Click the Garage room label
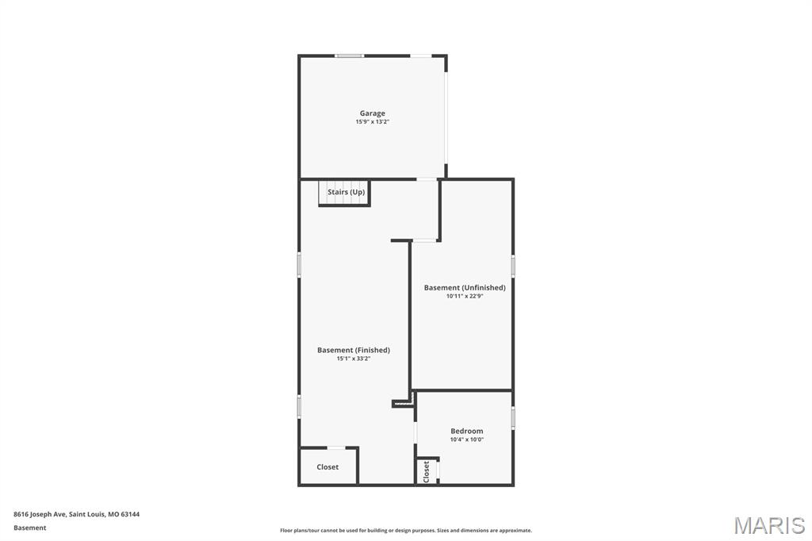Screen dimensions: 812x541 [373, 113]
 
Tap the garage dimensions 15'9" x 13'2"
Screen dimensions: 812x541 [373, 122]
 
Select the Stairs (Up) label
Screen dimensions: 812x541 [346, 192]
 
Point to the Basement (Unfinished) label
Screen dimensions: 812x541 [465, 288]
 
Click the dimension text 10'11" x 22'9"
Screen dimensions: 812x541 [465, 297]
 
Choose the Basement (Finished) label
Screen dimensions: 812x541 [354, 351]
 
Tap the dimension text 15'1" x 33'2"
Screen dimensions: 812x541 [354, 359]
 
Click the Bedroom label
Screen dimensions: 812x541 [466, 432]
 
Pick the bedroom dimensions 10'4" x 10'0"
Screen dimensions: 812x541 [466, 439]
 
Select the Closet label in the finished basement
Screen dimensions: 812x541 [327, 467]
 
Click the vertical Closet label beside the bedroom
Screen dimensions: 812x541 [426, 471]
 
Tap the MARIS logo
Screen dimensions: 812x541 [769, 525]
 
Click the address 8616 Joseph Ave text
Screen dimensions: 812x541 [40, 514]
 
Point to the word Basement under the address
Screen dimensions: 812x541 [29, 528]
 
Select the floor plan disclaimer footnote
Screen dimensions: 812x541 [406, 530]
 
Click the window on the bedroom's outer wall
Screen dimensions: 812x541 [513, 418]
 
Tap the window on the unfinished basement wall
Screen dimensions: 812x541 [513, 265]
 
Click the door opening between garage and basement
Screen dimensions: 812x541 [427, 179]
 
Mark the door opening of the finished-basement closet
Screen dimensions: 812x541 [336, 447]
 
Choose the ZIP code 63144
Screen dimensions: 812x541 [130, 514]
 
